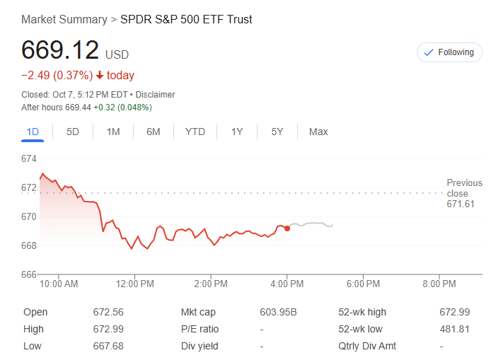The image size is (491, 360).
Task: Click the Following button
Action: (449, 52)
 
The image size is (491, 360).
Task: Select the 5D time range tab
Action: (73, 132)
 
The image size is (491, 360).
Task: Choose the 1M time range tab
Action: (113, 132)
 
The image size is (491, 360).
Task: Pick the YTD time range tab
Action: (195, 132)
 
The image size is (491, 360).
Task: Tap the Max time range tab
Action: (318, 132)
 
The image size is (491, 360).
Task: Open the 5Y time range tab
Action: (277, 132)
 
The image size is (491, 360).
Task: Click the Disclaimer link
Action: (155, 95)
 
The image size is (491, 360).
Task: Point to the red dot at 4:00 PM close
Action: (287, 228)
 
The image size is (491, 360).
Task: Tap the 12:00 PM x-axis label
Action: (134, 284)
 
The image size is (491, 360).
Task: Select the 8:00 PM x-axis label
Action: (439, 284)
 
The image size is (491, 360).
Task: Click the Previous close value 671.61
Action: (461, 204)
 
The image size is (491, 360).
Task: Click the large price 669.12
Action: (60, 50)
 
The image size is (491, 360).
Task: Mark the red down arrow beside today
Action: (100, 76)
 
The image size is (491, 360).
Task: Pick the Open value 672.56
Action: (108, 312)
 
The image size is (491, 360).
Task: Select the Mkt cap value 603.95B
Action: (278, 312)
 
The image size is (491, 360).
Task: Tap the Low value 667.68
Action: (108, 346)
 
